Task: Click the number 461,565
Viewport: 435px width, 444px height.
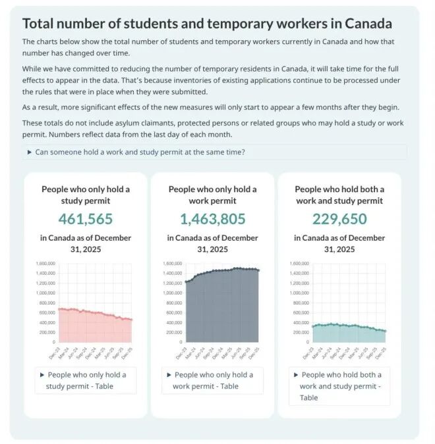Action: [86, 219]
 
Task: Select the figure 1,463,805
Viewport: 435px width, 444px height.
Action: [212, 219]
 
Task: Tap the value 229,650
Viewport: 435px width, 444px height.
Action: [339, 219]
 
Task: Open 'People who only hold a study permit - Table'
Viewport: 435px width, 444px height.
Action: [86, 380]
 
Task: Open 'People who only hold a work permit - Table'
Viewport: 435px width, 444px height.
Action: [212, 380]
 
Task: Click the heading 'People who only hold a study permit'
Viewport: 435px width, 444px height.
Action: [86, 195]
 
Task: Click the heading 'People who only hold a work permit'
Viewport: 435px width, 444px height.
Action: [212, 195]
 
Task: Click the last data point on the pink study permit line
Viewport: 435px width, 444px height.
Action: [131, 320]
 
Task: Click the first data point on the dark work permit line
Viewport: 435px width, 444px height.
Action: [187, 282]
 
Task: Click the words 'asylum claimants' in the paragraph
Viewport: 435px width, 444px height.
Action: [152, 124]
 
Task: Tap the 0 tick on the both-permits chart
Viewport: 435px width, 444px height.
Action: [308, 342]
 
